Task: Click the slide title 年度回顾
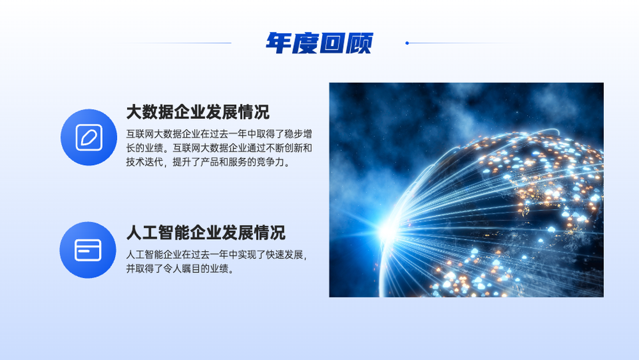pyautogui.click(x=319, y=43)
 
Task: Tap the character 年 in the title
pyautogui.click(x=279, y=43)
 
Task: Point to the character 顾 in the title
pyautogui.click(x=359, y=43)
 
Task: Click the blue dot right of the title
pyautogui.click(x=407, y=43)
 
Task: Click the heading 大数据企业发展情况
pyautogui.click(x=197, y=112)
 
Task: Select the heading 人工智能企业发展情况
pyautogui.click(x=205, y=233)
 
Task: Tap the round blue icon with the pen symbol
pyautogui.click(x=89, y=137)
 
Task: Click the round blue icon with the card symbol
pyautogui.click(x=88, y=250)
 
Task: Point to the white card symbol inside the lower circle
pyautogui.click(x=88, y=250)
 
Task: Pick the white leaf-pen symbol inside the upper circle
pyautogui.click(x=89, y=137)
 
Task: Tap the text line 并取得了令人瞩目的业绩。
pyautogui.click(x=181, y=269)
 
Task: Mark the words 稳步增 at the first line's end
pyautogui.click(x=298, y=134)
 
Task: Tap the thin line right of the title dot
pyautogui.click(x=465, y=43)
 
